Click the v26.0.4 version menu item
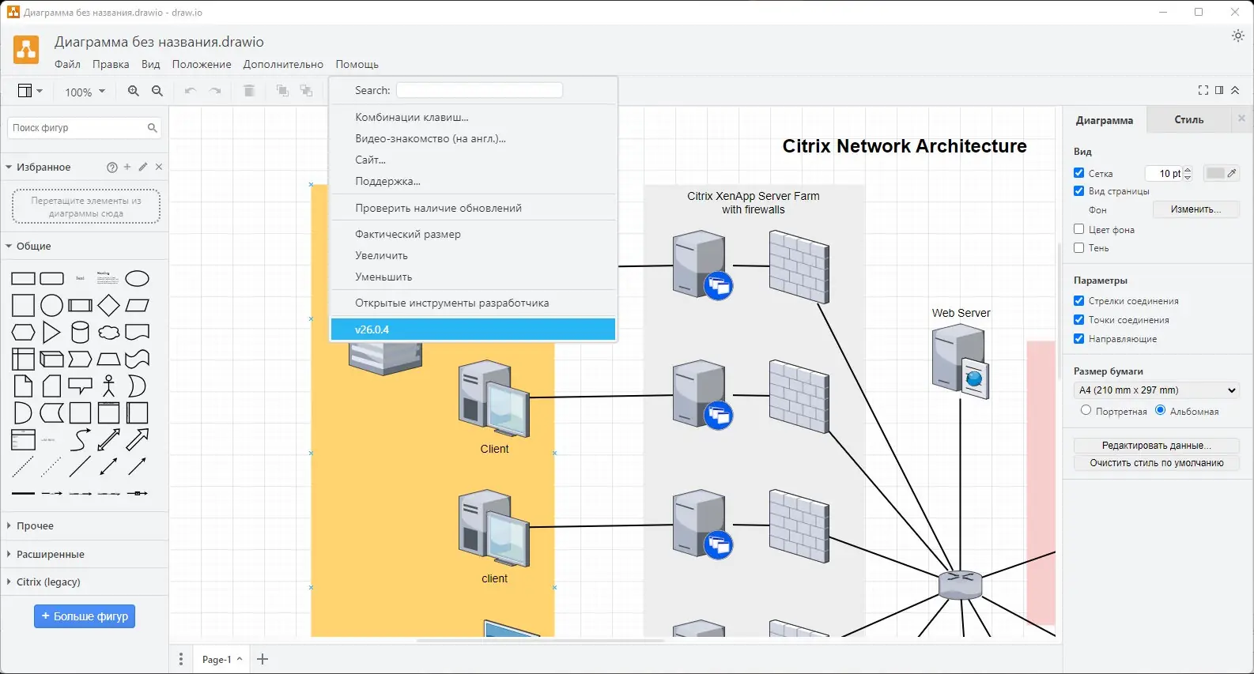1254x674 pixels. [x=473, y=329]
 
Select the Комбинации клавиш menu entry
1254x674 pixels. [x=412, y=117]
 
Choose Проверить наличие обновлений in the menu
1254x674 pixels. [x=438, y=208]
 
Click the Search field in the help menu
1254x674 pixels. [x=479, y=90]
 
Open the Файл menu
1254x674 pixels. [x=67, y=64]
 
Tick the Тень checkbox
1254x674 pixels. [x=1079, y=248]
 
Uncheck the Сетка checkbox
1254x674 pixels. [x=1079, y=173]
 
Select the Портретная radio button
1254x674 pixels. [x=1086, y=410]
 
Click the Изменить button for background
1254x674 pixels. [x=1195, y=209]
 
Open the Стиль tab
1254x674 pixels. [x=1188, y=120]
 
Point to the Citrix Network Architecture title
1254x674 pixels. [x=904, y=146]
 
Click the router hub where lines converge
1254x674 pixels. [x=960, y=585]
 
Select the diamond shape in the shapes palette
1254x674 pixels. [x=108, y=305]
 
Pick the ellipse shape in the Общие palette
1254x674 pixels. [x=137, y=278]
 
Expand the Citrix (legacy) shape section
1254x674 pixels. [x=48, y=582]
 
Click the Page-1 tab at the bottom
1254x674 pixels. [x=217, y=659]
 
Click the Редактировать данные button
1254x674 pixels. [x=1156, y=446]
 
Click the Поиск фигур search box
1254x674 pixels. [x=77, y=128]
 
